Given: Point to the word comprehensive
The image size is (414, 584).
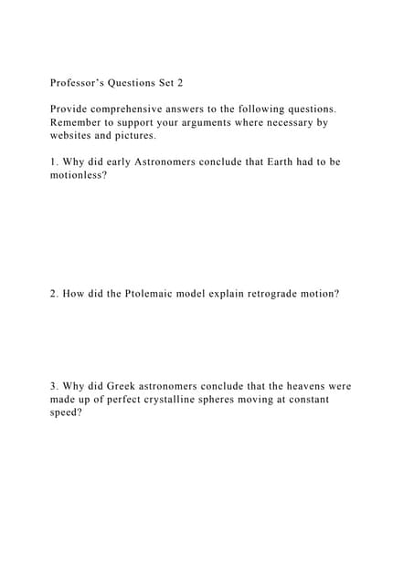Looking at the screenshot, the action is tap(142, 108).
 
